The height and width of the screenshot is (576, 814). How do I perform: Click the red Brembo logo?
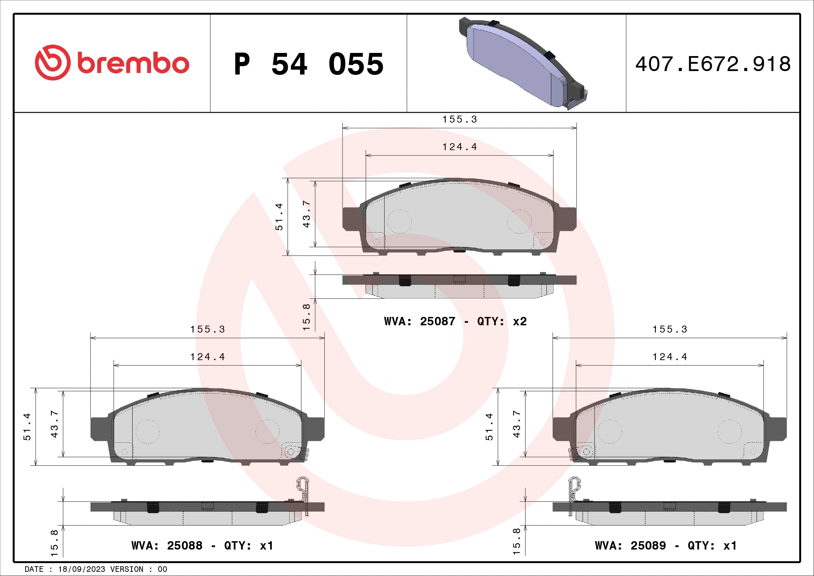[x=112, y=62]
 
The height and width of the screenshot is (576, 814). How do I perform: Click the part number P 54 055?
[x=308, y=64]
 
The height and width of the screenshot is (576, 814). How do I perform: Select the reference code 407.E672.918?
[x=713, y=64]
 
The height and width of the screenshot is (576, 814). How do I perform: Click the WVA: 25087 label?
[x=419, y=321]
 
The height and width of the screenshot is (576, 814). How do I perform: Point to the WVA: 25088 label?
[x=167, y=545]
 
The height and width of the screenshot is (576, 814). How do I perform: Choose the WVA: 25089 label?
[x=630, y=545]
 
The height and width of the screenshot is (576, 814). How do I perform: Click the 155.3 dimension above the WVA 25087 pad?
[x=459, y=119]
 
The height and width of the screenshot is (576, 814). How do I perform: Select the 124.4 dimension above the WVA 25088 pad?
[x=207, y=357]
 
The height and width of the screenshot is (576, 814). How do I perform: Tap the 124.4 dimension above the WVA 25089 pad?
[x=670, y=357]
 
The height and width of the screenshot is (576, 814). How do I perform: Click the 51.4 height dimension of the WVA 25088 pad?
[x=27, y=427]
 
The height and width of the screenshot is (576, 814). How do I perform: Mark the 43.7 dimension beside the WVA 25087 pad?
[x=306, y=214]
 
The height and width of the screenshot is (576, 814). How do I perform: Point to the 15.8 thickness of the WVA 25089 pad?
[x=516, y=542]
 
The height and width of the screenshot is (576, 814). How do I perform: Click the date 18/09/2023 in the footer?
[x=81, y=569]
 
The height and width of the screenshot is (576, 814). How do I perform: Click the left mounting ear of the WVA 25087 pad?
[x=351, y=219]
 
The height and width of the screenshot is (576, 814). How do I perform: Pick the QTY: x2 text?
[x=502, y=321]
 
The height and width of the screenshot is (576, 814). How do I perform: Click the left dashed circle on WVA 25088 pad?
[x=148, y=431]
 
